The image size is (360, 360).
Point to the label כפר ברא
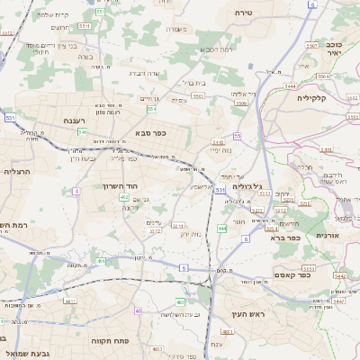point(283,238)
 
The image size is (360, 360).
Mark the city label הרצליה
point(17,170)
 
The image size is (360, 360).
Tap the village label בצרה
point(85,56)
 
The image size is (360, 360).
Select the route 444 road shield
point(221,229)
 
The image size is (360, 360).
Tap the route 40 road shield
point(139,310)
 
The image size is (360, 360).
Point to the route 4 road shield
point(76,191)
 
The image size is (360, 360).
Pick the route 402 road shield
point(123,209)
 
